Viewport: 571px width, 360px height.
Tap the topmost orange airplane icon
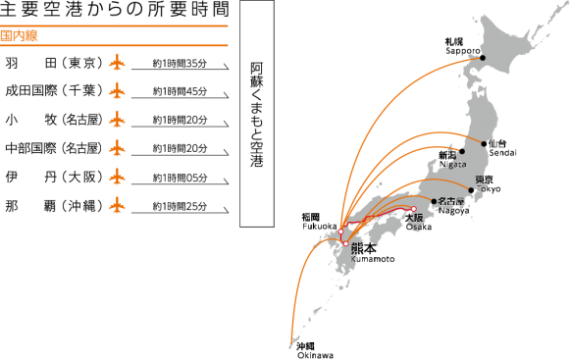[x=118, y=63]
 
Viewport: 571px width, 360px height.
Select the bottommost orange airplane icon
[x=118, y=206]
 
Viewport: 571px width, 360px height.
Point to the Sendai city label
[x=500, y=149]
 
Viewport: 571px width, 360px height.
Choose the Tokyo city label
[x=487, y=185]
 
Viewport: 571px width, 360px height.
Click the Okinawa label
[x=315, y=351]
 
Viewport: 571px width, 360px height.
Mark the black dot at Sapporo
[x=480, y=58]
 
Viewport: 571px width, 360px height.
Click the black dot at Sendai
[x=485, y=144]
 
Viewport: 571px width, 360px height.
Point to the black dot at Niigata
[x=463, y=152]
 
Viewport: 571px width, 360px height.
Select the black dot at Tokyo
[x=471, y=190]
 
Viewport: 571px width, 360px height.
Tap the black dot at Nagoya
[x=434, y=201]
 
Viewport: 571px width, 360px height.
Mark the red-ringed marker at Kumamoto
[x=345, y=243]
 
